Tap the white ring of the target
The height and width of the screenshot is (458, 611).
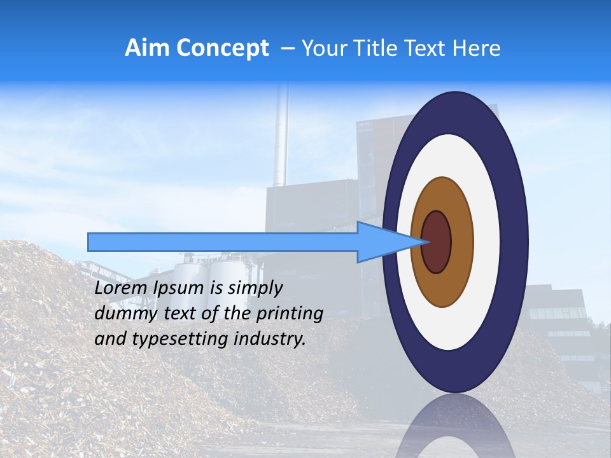click(486, 242)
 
